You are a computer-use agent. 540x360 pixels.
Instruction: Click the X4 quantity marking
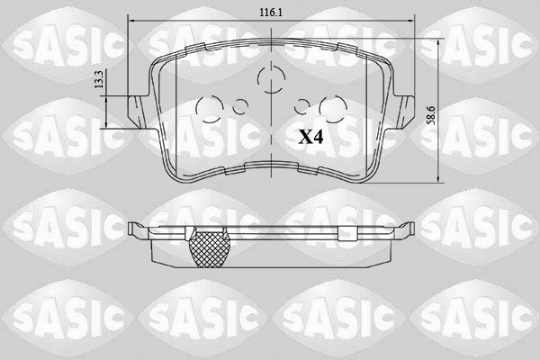coord(310,138)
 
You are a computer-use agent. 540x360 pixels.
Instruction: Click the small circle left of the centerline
coord(239,106)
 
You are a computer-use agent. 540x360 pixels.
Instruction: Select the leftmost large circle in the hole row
coord(209,110)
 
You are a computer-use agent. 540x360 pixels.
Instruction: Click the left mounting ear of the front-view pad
coord(136,110)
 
